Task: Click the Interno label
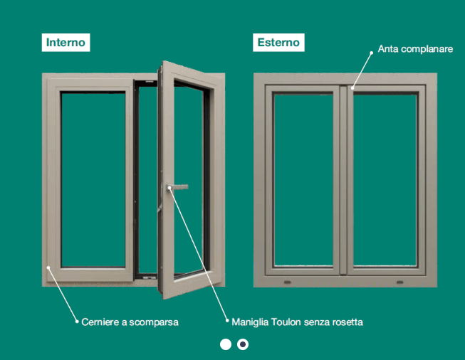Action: pos(66,43)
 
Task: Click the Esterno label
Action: pos(278,43)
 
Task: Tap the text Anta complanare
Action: pos(415,49)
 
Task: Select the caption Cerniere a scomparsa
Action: pos(130,322)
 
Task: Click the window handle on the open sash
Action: pos(177,187)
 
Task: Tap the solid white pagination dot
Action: pos(226,344)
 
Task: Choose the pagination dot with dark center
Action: pos(243,344)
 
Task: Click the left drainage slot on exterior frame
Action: pos(288,282)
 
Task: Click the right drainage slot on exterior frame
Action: pos(399,282)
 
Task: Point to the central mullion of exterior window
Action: pos(343,180)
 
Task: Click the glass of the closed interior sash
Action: pos(93,180)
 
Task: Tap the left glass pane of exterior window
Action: pos(303,180)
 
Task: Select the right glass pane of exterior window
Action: pos(385,180)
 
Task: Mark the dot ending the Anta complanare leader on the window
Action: pos(352,88)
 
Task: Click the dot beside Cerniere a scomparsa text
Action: pos(77,321)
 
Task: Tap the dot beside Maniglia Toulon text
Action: pos(227,320)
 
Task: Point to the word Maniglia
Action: pos(250,322)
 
